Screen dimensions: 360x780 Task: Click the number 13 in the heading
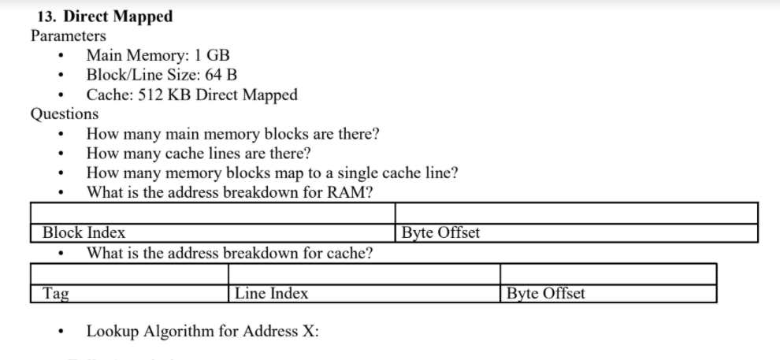click(x=46, y=16)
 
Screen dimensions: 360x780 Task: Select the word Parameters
click(x=68, y=35)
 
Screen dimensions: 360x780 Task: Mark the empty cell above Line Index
click(x=364, y=274)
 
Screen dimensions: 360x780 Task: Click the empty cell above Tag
click(x=129, y=274)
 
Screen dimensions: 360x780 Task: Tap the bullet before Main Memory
click(x=61, y=56)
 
